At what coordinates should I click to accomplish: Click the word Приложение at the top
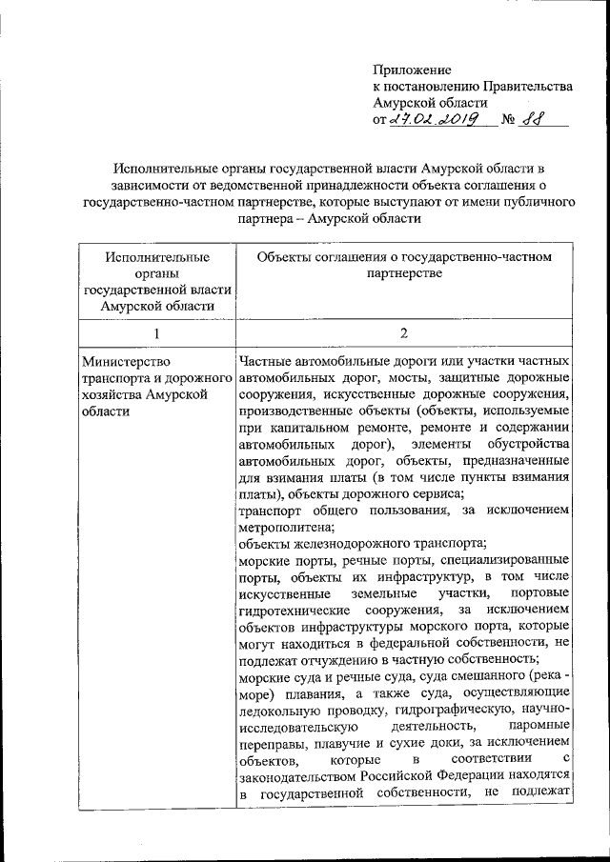coord(412,70)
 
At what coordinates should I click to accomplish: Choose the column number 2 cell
coord(404,332)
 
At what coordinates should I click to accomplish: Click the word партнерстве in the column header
coord(404,275)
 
